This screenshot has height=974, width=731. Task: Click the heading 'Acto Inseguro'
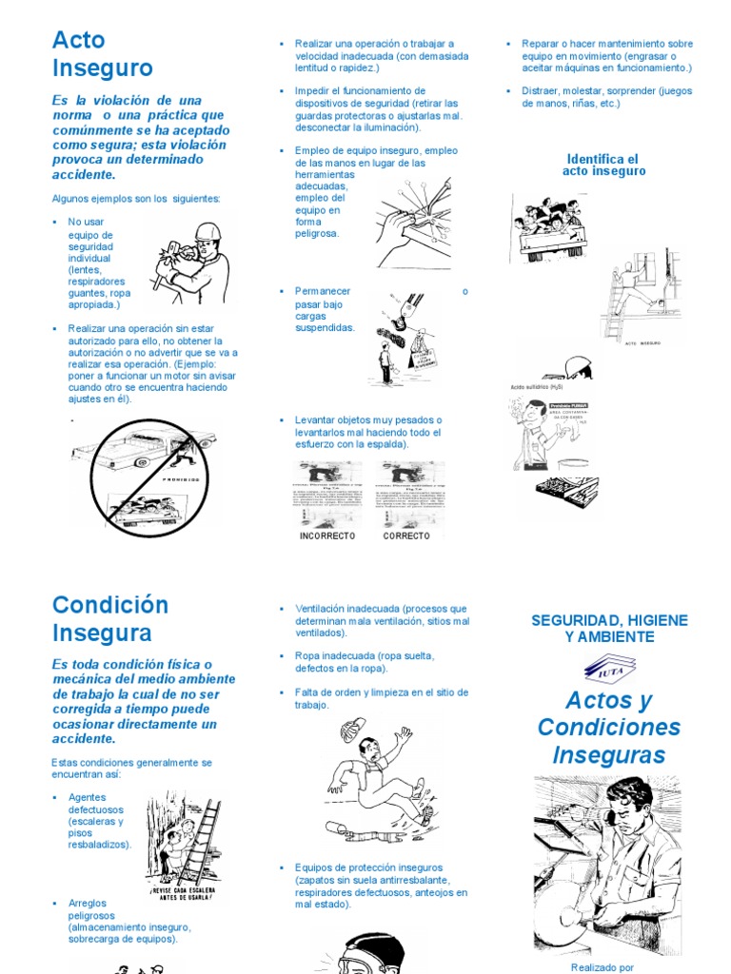pyautogui.click(x=102, y=54)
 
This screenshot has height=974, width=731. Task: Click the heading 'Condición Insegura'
pyautogui.click(x=109, y=618)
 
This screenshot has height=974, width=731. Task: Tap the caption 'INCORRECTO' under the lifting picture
pyautogui.click(x=326, y=536)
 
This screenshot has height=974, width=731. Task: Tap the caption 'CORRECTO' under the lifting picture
pyautogui.click(x=406, y=536)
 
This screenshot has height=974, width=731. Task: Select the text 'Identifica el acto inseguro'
pyautogui.click(x=603, y=166)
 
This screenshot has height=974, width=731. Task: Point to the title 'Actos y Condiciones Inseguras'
pyautogui.click(x=608, y=728)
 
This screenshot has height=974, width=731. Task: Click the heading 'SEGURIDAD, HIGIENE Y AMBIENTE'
pyautogui.click(x=608, y=629)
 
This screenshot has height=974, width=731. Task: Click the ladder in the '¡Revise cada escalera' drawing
pyautogui.click(x=202, y=842)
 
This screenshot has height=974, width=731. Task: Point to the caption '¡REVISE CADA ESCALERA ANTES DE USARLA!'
pyautogui.click(x=182, y=895)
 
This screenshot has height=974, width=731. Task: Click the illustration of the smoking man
pyautogui.click(x=539, y=433)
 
